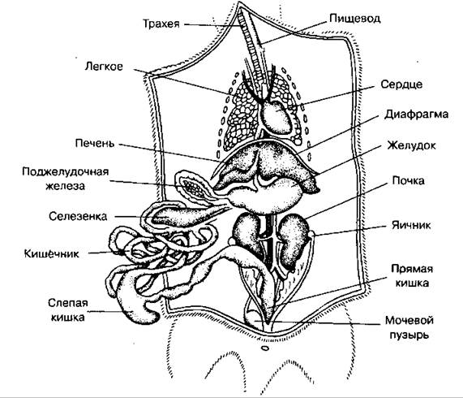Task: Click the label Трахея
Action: tap(161, 24)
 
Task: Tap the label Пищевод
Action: tap(355, 19)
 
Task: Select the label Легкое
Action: tap(104, 67)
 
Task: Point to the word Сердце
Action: tap(401, 84)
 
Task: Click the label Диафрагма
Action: tap(416, 115)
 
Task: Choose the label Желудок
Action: tap(412, 145)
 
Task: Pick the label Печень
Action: tap(95, 143)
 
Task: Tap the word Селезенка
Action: tap(78, 216)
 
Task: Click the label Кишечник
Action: tap(52, 253)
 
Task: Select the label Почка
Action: tap(409, 180)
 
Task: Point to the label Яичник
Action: tap(411, 225)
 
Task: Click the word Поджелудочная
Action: tap(66, 172)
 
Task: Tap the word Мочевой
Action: tap(409, 321)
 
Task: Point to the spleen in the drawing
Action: tap(185, 215)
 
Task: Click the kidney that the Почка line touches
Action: tap(293, 240)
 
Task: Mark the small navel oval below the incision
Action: tap(265, 348)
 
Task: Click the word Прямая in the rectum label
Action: tap(412, 269)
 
